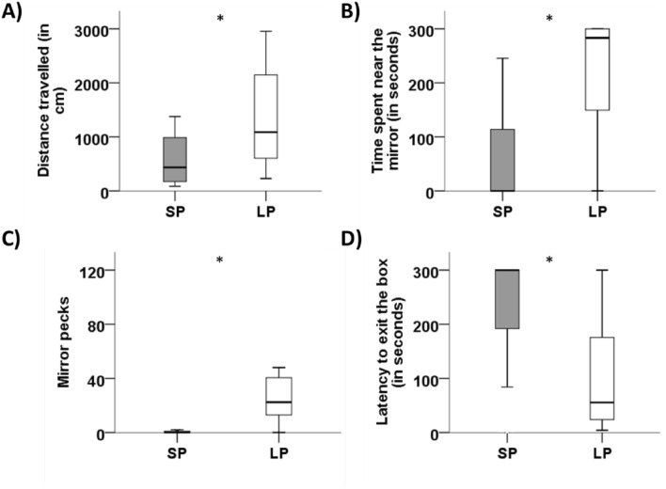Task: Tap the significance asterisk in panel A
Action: pos(220,18)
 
